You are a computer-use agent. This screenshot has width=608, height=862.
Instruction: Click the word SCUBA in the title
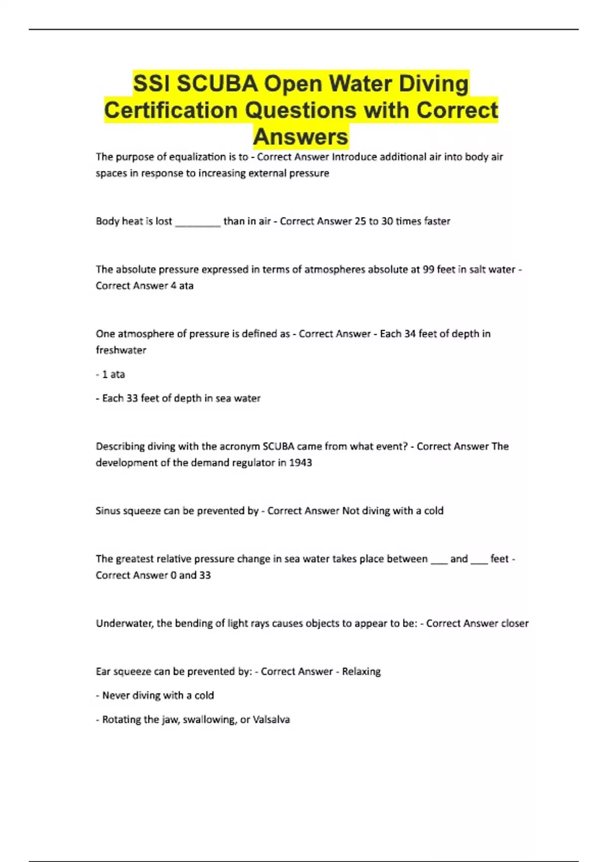(x=217, y=84)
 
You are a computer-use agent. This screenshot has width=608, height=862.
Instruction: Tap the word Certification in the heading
(x=171, y=110)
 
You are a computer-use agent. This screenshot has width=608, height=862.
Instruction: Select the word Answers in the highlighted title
(x=300, y=136)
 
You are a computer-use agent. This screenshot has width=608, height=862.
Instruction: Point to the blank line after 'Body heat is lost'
(x=198, y=222)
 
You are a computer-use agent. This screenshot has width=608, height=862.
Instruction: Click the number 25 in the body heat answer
(x=360, y=221)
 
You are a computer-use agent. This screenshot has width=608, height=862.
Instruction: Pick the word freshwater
(x=121, y=350)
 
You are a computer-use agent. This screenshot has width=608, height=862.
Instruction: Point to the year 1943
(x=300, y=462)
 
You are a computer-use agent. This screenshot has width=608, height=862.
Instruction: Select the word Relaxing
(x=361, y=671)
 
